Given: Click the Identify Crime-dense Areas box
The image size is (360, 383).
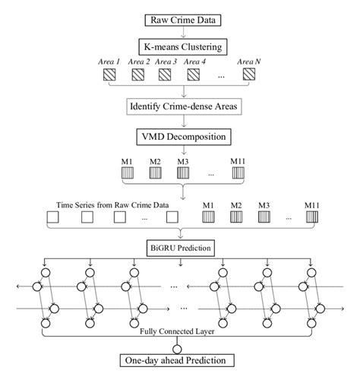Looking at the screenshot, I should coord(180,108).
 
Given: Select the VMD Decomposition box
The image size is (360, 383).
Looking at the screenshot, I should coord(180,138).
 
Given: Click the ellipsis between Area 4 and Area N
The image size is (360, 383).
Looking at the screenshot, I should coord(220,75).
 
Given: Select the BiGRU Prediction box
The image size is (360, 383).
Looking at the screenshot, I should coord(180,247).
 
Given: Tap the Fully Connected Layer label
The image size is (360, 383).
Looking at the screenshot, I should coord(180,331).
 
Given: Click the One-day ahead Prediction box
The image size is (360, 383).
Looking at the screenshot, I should coord(180,360).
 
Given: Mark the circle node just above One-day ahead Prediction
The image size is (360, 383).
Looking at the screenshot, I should coord(180,345).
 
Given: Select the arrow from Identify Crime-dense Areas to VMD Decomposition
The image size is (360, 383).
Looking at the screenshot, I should coord(180,122).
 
